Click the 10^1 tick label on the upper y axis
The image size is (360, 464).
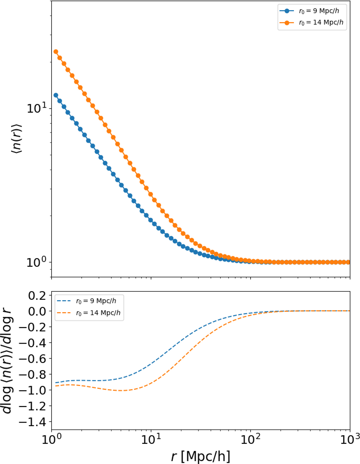coord(37,108)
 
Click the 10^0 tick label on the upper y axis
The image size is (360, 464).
coord(37,262)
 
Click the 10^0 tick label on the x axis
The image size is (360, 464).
coord(52,440)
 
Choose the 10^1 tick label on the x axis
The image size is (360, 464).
coord(151,440)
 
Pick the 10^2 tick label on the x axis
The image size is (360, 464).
coord(250,440)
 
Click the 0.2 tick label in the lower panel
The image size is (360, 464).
coord(37,296)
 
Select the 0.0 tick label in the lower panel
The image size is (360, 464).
coord(37,311)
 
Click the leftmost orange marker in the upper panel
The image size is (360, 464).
coord(55,52)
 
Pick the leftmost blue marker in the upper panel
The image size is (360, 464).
coord(55,95)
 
